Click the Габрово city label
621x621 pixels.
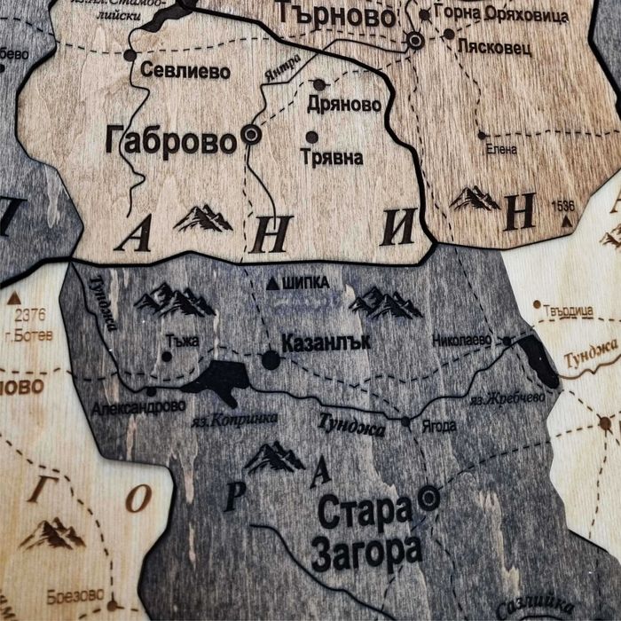tap(170, 140)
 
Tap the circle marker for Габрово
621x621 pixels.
tap(252, 135)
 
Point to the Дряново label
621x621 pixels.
tap(343, 105)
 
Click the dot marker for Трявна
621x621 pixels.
tap(311, 138)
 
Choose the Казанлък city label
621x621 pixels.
tap(325, 342)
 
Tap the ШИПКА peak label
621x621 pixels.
tap(305, 283)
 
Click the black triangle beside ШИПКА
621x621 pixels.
tap(272, 283)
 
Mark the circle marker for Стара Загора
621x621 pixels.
tap(429, 498)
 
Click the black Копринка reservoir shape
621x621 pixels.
tap(217, 379)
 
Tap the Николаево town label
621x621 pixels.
tap(461, 340)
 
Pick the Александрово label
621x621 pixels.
tap(138, 406)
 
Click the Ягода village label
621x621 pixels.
tap(438, 426)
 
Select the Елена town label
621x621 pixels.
tap(501, 150)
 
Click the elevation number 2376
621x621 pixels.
tap(29, 315)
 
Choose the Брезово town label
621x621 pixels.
tap(75, 593)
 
